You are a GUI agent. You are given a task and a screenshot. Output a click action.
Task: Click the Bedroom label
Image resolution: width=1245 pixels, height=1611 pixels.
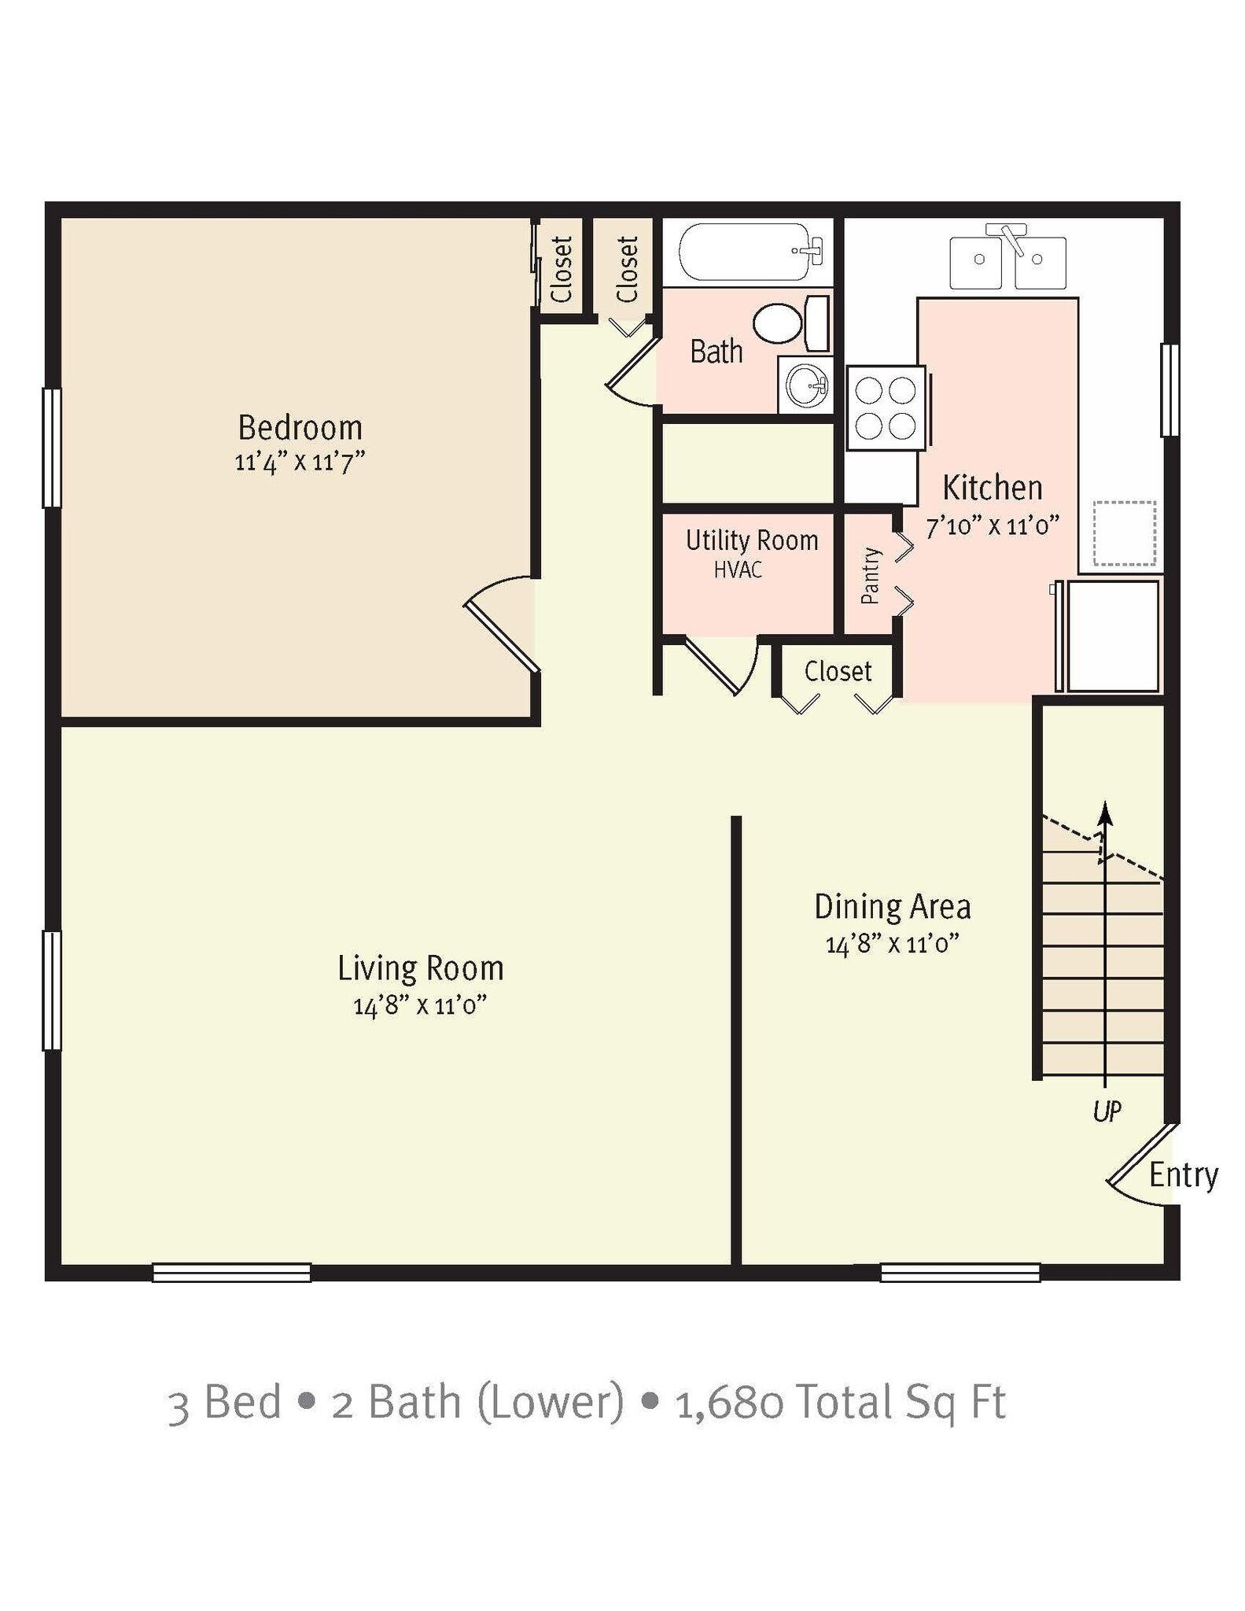(x=300, y=428)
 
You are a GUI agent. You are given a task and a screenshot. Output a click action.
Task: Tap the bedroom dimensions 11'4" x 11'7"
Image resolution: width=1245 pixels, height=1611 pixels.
(x=300, y=462)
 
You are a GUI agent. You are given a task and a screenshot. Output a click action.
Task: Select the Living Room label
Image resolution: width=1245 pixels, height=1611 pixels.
(x=421, y=968)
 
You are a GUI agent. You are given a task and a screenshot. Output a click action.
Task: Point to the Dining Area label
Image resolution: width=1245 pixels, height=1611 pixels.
(x=893, y=907)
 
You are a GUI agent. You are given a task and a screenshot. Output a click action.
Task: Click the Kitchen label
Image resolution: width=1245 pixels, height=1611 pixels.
(x=993, y=488)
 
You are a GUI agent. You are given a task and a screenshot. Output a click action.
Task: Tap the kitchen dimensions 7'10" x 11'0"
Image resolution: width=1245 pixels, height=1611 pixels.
(x=993, y=525)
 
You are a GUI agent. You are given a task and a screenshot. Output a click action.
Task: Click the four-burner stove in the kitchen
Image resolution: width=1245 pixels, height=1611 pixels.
(x=886, y=408)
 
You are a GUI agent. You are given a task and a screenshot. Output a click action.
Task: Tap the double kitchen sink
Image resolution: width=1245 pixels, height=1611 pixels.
(x=1007, y=260)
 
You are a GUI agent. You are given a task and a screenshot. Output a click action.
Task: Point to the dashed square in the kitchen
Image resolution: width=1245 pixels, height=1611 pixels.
(x=1125, y=533)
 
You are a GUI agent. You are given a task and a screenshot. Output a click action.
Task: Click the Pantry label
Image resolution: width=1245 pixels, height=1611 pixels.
(x=870, y=576)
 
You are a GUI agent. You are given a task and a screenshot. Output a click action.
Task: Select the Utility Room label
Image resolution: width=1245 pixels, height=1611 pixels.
(x=752, y=540)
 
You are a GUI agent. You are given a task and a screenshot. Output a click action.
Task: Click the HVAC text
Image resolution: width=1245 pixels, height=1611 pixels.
(x=738, y=570)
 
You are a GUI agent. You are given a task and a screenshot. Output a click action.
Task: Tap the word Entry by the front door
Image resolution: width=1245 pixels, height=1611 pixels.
(x=1183, y=1175)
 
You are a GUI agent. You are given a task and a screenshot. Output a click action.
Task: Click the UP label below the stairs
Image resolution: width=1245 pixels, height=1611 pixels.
(x=1107, y=1111)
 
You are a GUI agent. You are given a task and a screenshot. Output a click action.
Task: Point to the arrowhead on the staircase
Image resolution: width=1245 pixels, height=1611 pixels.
(x=1106, y=812)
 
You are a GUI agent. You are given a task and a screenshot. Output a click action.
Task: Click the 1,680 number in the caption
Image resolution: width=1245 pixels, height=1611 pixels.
(x=729, y=1403)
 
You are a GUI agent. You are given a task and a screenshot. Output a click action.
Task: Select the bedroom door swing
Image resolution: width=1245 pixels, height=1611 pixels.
(x=499, y=625)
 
